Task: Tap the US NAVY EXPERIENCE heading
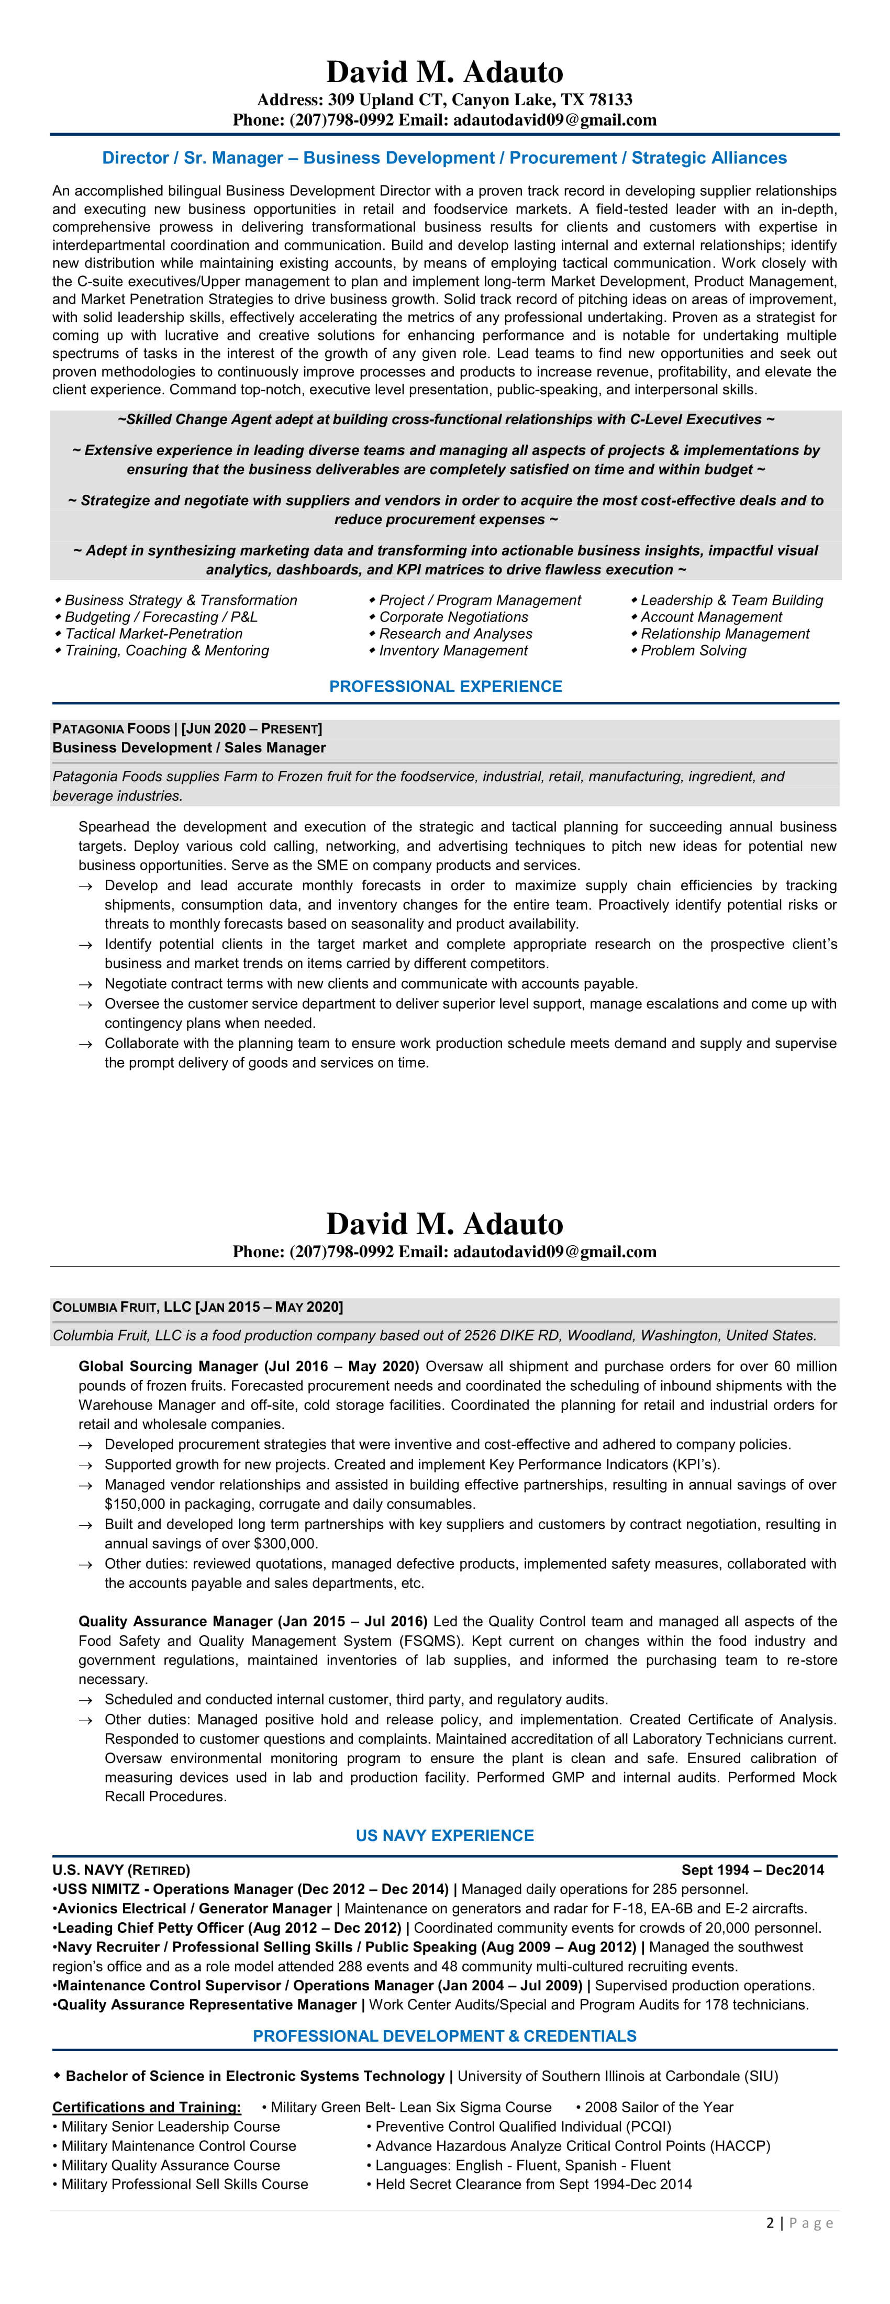(444, 1835)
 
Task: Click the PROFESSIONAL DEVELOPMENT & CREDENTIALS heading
(444, 2036)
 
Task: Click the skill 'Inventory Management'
(453, 651)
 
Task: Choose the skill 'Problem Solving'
(693, 651)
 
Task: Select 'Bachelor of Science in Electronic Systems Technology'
(255, 2076)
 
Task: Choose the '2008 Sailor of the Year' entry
(658, 2107)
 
